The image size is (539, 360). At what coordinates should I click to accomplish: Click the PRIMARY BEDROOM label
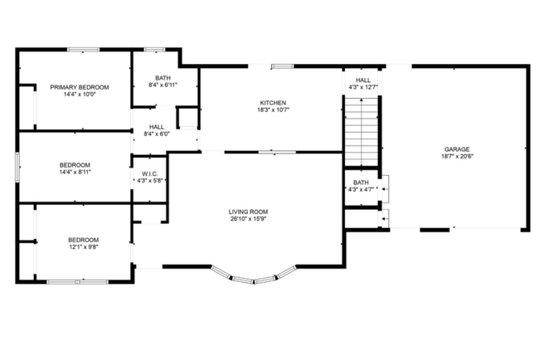pyautogui.click(x=80, y=87)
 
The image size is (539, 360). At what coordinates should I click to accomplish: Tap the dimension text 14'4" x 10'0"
pyautogui.click(x=80, y=95)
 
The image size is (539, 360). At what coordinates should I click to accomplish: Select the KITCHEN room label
pyautogui.click(x=272, y=103)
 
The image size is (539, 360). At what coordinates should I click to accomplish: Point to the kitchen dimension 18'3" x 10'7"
pyautogui.click(x=272, y=110)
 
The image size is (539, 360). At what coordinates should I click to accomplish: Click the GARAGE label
pyautogui.click(x=456, y=149)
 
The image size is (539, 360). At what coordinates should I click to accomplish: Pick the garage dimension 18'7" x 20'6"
pyautogui.click(x=456, y=157)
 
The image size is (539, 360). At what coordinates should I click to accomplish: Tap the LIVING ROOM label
pyautogui.click(x=248, y=212)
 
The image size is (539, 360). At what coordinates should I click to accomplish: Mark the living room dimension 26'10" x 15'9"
pyautogui.click(x=248, y=219)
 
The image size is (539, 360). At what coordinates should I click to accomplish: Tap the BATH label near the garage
pyautogui.click(x=361, y=182)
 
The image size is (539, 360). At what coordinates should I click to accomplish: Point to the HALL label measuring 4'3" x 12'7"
pyautogui.click(x=363, y=80)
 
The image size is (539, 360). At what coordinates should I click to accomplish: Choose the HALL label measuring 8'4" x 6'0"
pyautogui.click(x=157, y=127)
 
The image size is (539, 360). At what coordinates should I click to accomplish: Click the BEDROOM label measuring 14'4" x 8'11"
pyautogui.click(x=75, y=165)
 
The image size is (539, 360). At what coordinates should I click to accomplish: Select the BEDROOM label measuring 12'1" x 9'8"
pyautogui.click(x=83, y=240)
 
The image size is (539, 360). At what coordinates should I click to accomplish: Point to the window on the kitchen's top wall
pyautogui.click(x=282, y=66)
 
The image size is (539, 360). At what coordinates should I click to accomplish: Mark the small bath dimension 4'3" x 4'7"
pyautogui.click(x=361, y=190)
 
